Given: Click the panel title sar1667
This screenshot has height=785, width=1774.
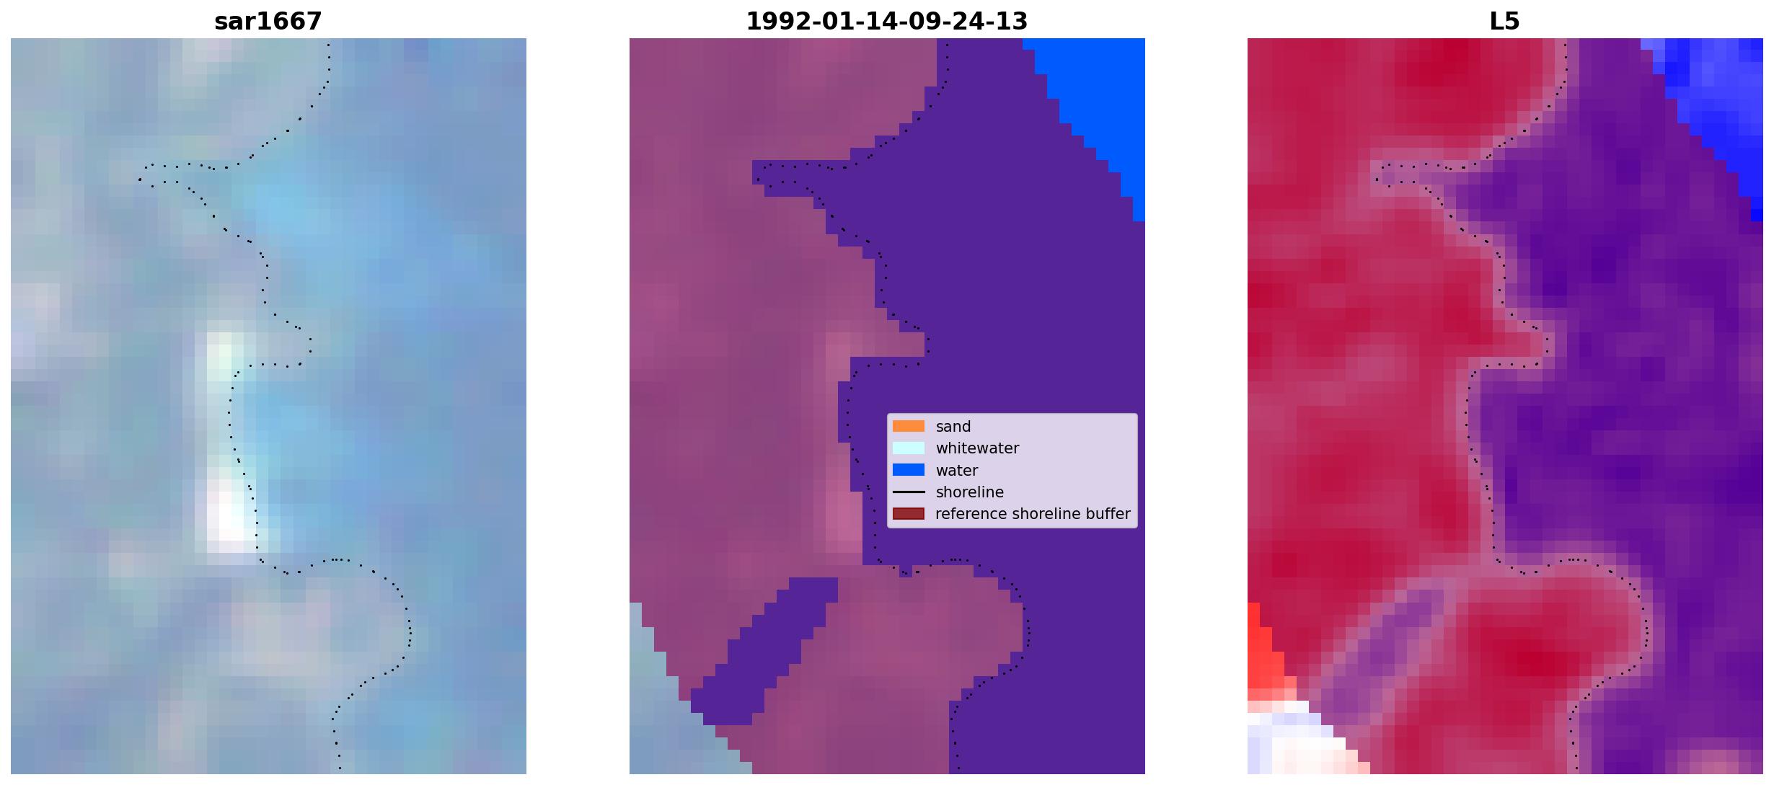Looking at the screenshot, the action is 268,22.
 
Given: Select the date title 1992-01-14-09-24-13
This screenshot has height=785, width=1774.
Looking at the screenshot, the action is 886,22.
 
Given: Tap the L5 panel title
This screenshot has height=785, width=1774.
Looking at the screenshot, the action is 1504,22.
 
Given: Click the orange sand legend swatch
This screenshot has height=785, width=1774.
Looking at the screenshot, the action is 909,426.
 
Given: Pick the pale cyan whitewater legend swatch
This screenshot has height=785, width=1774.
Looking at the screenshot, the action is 909,448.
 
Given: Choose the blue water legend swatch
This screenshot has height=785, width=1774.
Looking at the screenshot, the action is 909,470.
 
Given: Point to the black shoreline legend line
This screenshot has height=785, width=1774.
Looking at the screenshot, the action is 909,492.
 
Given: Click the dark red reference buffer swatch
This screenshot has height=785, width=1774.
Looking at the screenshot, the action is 909,514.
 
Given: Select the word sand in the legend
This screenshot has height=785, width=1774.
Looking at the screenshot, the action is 953,427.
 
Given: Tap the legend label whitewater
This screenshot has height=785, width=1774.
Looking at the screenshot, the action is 977,448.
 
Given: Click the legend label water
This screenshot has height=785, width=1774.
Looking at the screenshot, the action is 957,471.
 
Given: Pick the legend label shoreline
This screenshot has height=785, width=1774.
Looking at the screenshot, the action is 970,492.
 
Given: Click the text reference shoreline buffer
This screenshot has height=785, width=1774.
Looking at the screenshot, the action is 1033,514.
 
